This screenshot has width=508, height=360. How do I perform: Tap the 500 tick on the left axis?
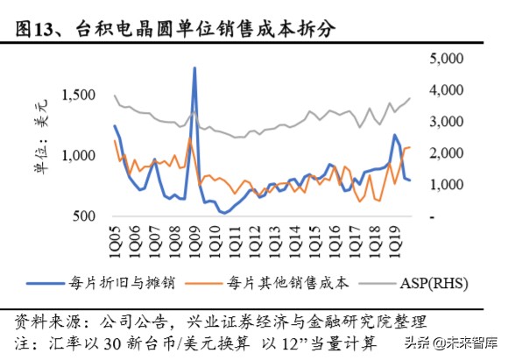pyautogui.click(x=85, y=215)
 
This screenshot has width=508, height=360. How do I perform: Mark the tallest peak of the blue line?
pyautogui.click(x=194, y=67)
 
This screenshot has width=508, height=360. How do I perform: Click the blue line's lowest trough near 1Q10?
pyautogui.click(x=223, y=212)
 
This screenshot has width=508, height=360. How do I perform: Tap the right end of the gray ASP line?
pyautogui.click(x=409, y=98)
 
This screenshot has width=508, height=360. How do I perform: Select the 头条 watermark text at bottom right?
pyautogui.click(x=418, y=342)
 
